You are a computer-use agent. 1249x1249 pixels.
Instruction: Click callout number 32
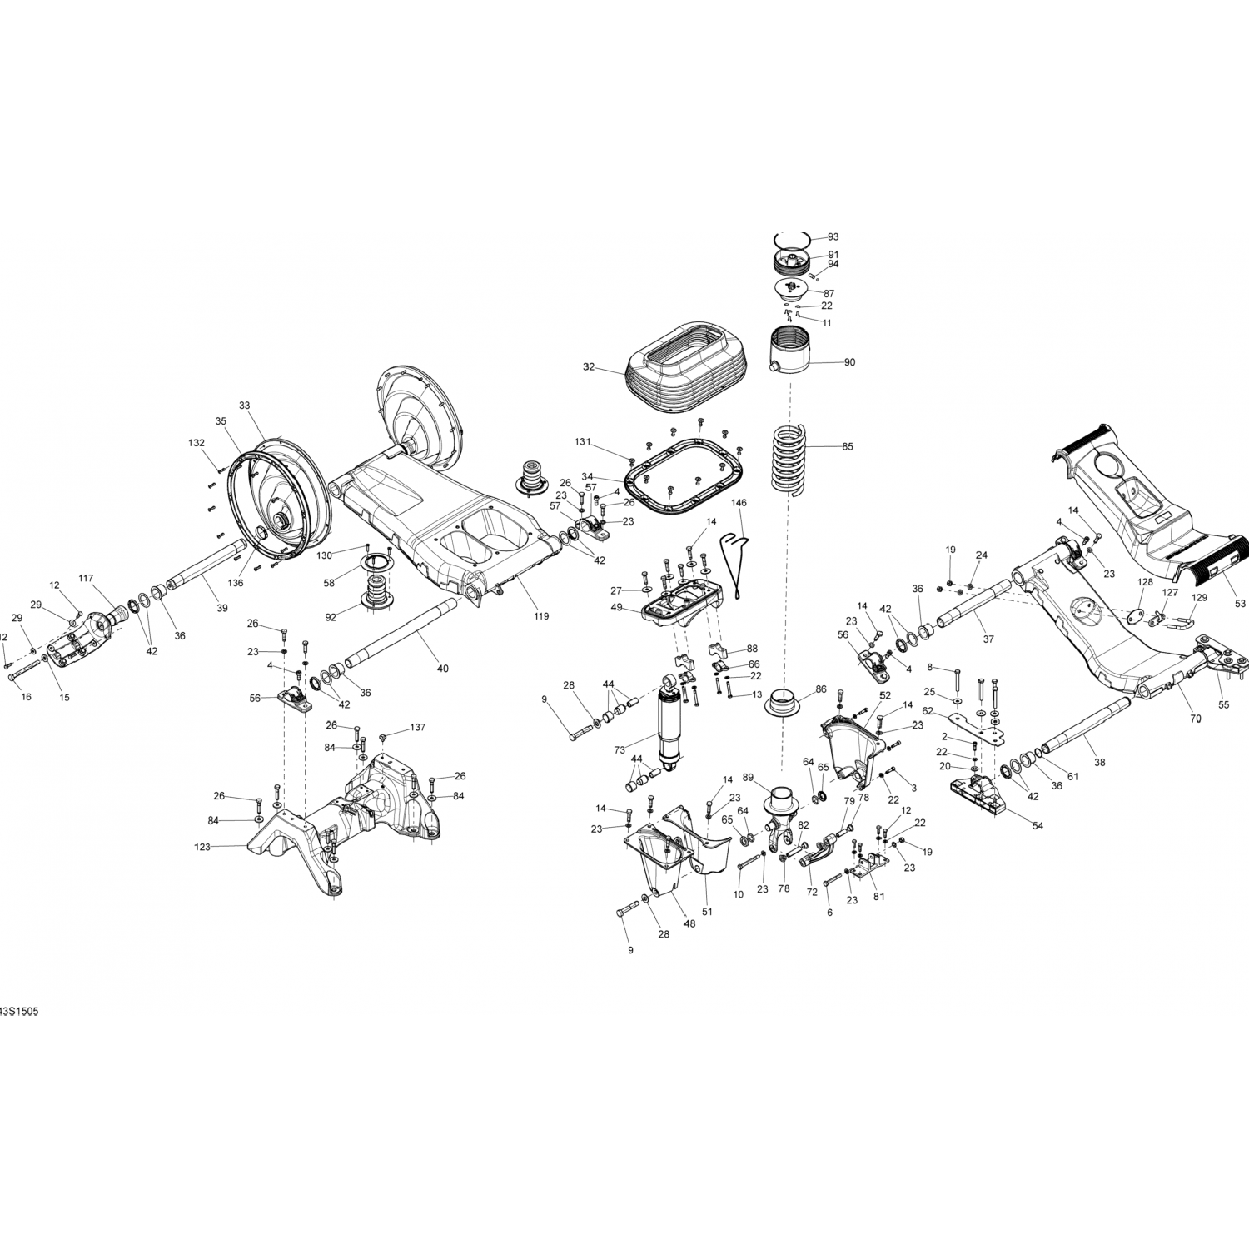click(589, 366)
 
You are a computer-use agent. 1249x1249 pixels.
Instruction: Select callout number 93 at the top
click(833, 237)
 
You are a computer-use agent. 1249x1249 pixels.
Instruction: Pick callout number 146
click(739, 503)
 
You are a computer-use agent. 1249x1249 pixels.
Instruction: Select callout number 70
click(1195, 718)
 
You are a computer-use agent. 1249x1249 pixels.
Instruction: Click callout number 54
click(1038, 825)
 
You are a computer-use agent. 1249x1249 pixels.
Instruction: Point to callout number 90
click(849, 362)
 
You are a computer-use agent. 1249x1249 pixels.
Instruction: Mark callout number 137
click(417, 728)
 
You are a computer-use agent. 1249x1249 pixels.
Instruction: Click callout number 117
click(87, 578)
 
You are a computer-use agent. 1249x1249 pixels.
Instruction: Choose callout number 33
click(244, 406)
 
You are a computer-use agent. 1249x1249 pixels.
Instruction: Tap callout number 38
click(1099, 762)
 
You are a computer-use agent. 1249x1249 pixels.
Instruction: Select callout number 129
click(1199, 598)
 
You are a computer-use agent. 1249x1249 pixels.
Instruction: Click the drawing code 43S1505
click(18, 1011)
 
